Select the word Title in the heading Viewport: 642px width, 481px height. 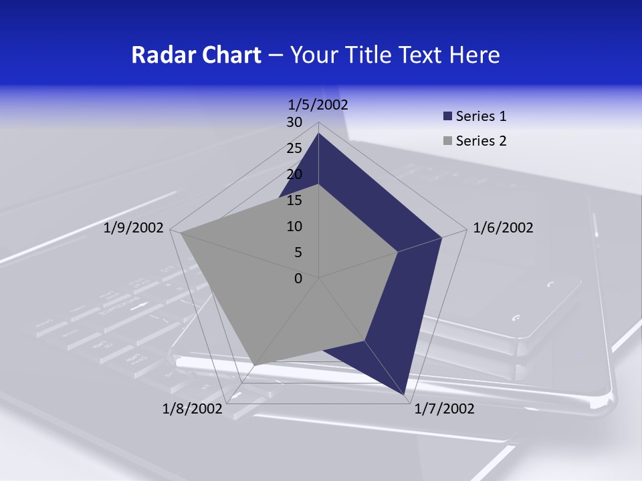coord(369,55)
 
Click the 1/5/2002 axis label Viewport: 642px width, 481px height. coord(318,104)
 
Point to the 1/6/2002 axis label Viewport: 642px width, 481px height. coord(503,228)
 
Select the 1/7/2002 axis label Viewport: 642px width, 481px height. coord(444,409)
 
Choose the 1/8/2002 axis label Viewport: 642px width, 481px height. coord(192,409)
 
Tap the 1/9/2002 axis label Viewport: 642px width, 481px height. coord(134,228)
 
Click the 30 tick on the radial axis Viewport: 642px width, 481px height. coord(294,122)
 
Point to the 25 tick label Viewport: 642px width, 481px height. coord(294,148)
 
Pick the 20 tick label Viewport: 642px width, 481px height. coord(294,174)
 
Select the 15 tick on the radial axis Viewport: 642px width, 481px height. coord(294,200)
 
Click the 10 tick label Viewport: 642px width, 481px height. coord(294,226)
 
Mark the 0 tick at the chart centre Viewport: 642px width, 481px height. coord(298,279)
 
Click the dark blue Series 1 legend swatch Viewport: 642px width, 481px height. coord(447,117)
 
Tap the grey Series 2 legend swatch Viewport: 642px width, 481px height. coord(447,141)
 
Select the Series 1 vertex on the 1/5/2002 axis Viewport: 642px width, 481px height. coord(319,133)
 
